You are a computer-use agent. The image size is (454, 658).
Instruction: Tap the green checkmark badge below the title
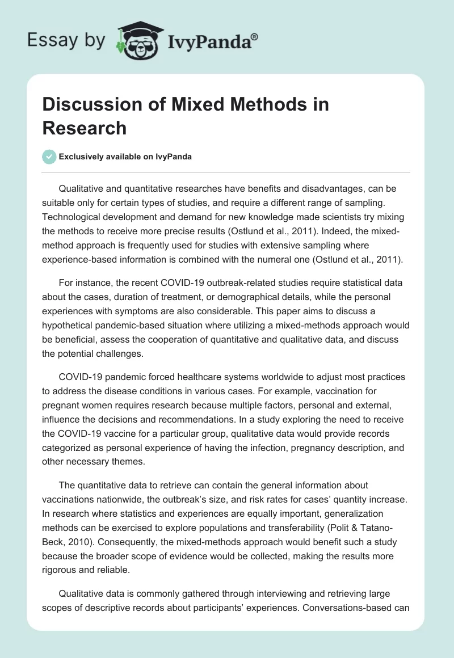pos(49,157)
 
